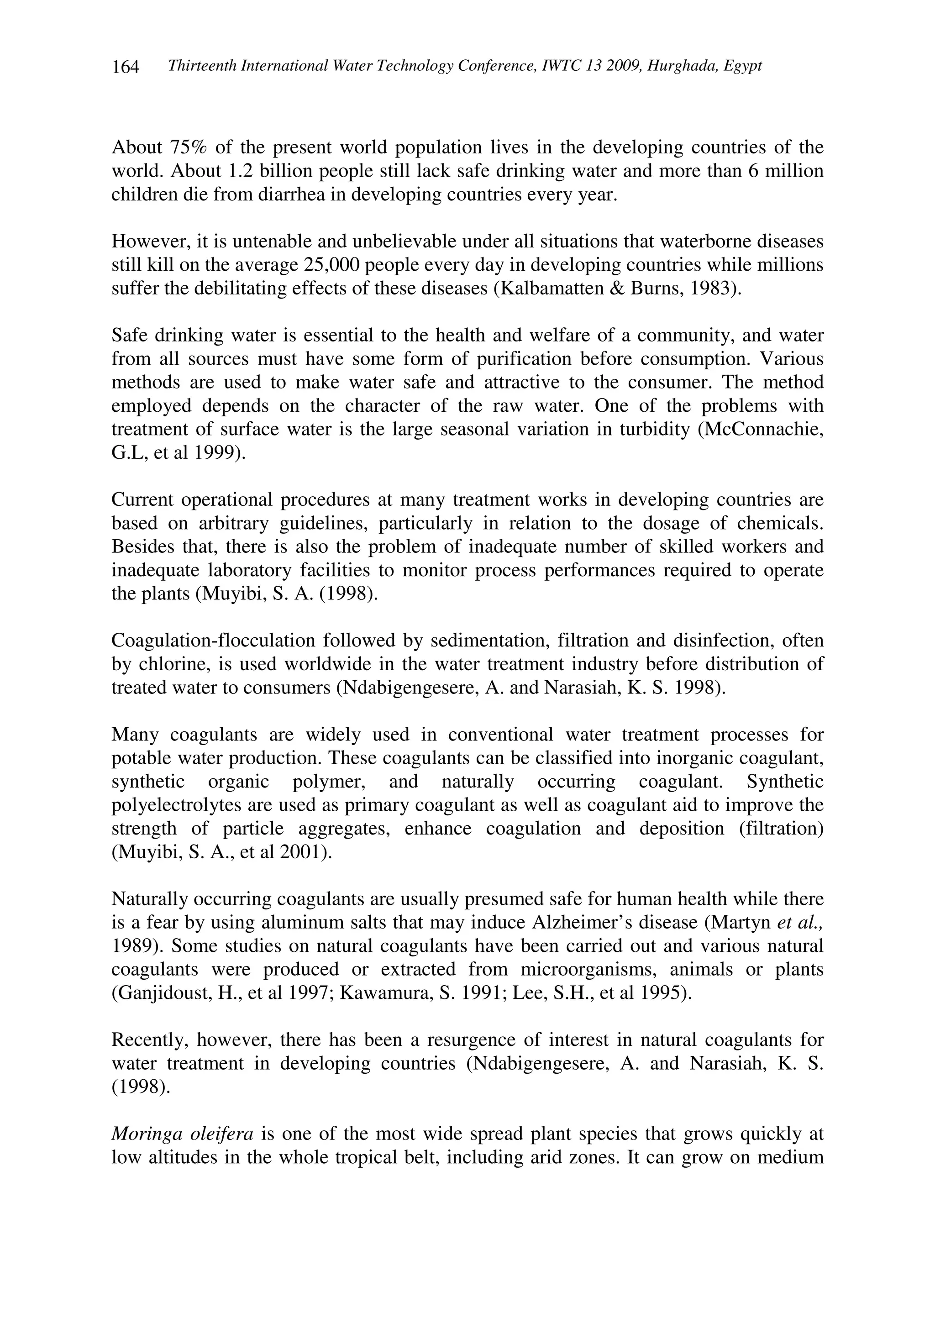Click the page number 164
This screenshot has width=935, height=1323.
(126, 68)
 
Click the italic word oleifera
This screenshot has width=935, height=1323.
(222, 1134)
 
